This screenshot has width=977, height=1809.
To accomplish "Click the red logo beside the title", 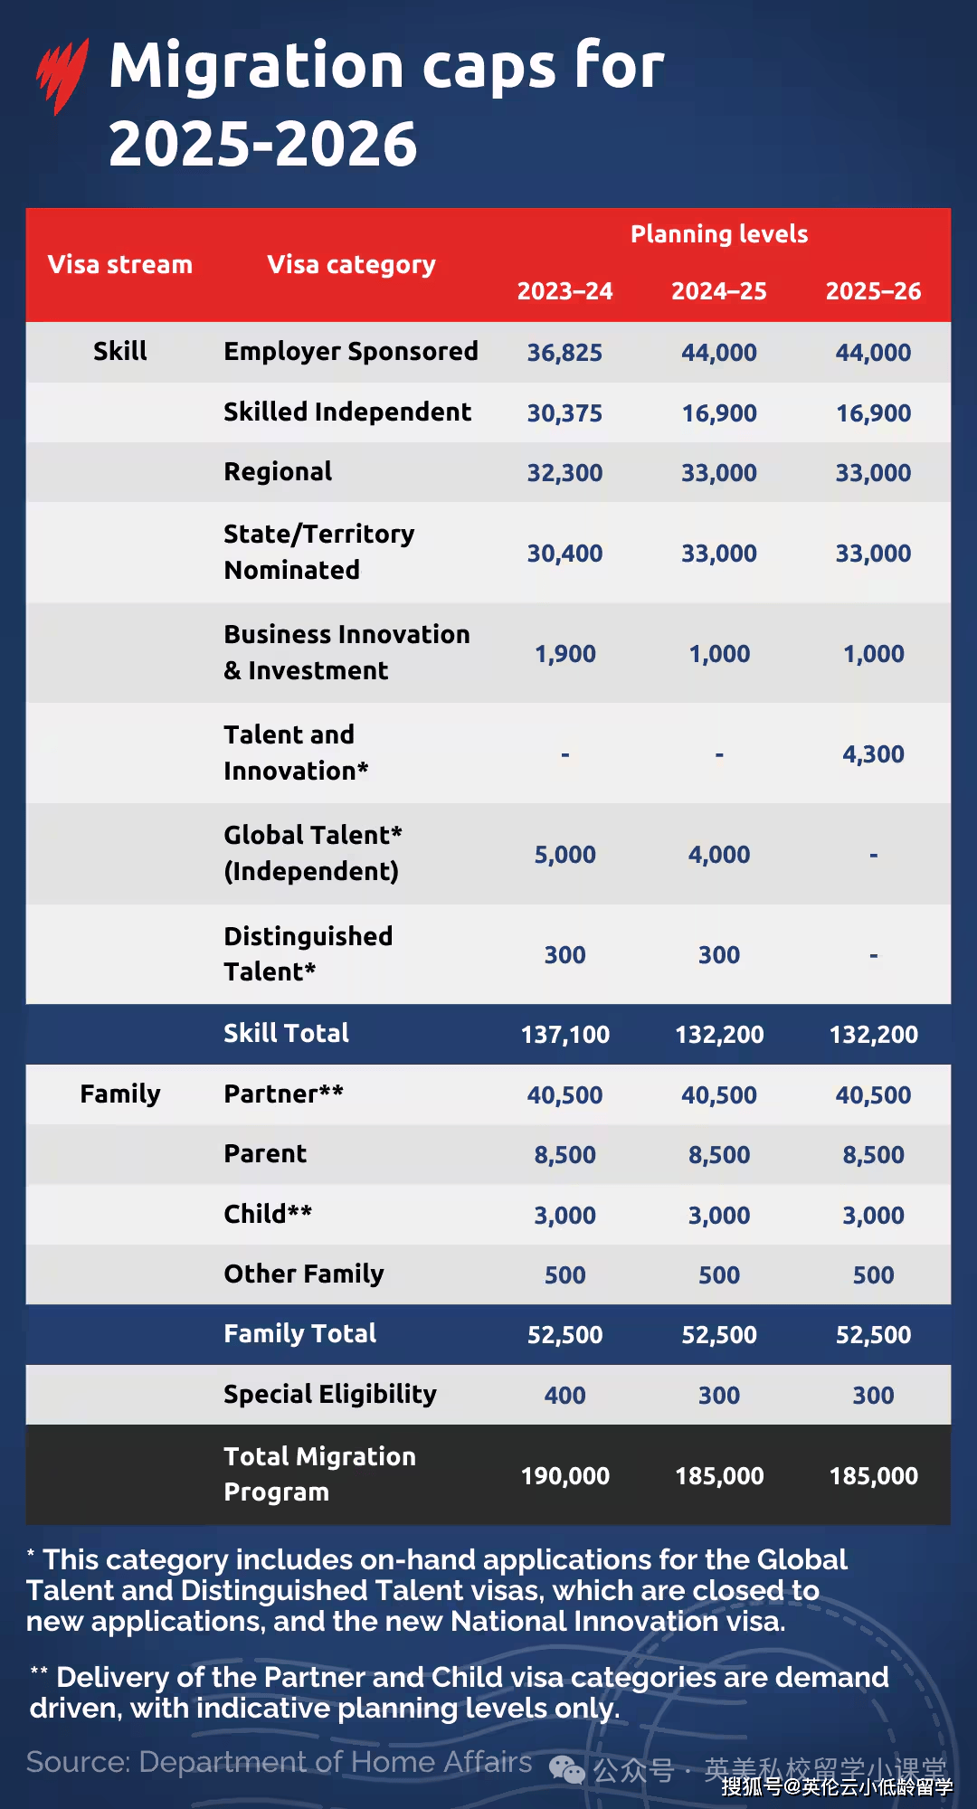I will (x=62, y=76).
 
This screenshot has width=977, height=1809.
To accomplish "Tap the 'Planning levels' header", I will (x=719, y=234).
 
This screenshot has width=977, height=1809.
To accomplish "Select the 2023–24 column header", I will (x=564, y=291).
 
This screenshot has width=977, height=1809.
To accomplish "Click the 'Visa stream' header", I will (x=120, y=264).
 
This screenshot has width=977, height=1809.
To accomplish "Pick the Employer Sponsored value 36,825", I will (x=564, y=353).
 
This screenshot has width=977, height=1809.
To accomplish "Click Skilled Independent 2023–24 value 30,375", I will (x=564, y=413).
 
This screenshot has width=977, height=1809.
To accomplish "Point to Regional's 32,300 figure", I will (x=564, y=473).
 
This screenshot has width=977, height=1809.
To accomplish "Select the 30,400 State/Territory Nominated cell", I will (x=564, y=554).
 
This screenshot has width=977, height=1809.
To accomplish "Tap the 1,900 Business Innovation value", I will (x=564, y=654).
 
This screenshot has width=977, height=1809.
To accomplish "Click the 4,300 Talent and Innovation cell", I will (x=873, y=754).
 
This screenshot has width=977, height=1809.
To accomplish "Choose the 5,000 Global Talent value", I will (x=564, y=855).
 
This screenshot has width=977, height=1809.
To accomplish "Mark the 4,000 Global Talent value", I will (x=719, y=855).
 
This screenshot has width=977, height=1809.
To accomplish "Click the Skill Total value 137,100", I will (x=564, y=1035).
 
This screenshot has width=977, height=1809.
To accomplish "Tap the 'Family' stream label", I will (x=120, y=1094).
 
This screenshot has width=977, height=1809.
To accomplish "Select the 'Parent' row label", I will (x=265, y=1154).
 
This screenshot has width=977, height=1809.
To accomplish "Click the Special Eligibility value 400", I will (x=564, y=1396).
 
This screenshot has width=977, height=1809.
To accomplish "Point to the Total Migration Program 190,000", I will (x=564, y=1476).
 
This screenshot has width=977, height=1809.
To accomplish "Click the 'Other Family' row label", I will (x=304, y=1274).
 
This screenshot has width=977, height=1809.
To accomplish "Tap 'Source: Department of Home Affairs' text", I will (x=279, y=1762).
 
